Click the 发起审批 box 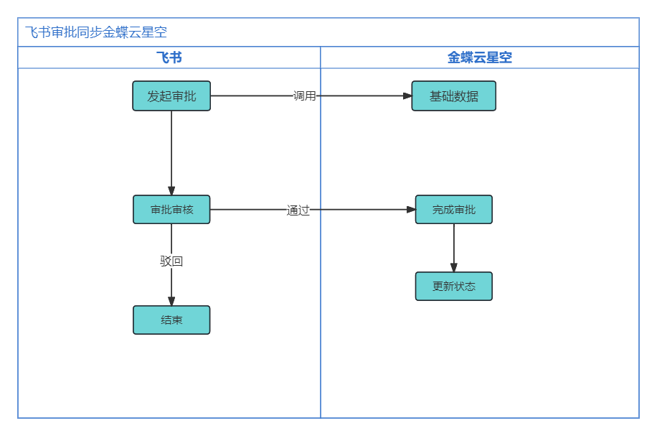point(171,96)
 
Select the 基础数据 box point(454,96)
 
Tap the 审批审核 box point(171,210)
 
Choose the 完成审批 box point(454,210)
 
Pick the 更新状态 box point(454,286)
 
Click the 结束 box point(171,320)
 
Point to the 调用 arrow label point(305,96)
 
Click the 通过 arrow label point(298,210)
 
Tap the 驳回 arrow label point(171,261)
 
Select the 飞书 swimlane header point(169,57)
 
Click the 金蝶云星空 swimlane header point(480,57)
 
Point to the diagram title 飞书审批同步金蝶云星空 point(96,32)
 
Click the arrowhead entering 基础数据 point(407,96)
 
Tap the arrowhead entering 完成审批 point(412,210)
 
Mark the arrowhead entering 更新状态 point(454,268)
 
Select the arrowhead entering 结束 point(171,301)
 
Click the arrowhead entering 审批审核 point(171,191)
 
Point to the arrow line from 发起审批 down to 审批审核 point(171,153)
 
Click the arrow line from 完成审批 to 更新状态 point(454,248)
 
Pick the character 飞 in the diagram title point(32,32)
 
